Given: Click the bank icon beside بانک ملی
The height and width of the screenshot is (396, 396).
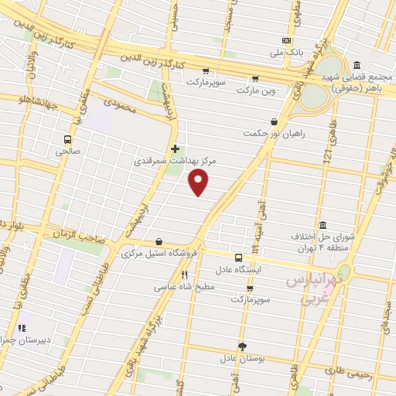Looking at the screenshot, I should (287, 40).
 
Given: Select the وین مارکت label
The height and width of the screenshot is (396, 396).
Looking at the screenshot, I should (255, 91).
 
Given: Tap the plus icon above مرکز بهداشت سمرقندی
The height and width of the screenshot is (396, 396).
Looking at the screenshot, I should (175, 148).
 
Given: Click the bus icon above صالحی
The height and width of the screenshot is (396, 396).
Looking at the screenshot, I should (69, 140).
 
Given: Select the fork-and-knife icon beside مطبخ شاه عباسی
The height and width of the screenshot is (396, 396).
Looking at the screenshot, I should (184, 275).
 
